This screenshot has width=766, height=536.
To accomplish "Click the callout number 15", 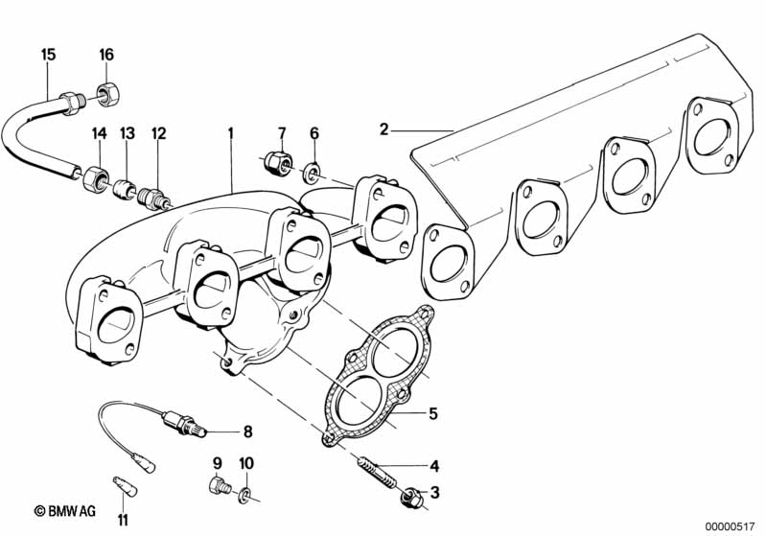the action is [48, 55].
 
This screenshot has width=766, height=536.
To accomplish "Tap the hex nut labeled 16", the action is [108, 93].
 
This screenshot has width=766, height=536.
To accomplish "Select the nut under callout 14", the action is [94, 179].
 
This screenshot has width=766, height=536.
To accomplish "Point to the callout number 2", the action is [384, 129].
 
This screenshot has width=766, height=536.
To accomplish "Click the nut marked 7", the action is [277, 162].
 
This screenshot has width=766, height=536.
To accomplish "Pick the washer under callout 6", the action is [312, 173].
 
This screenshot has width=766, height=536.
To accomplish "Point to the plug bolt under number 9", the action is [220, 486].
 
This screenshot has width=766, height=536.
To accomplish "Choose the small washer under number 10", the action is [244, 497].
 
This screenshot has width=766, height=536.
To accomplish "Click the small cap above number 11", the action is [125, 486].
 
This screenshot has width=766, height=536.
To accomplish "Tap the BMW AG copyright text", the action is [65, 511].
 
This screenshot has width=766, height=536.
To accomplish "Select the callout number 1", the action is [231, 133].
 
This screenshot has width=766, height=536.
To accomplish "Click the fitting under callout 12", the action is [154, 198].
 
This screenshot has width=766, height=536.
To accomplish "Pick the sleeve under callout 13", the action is [124, 189].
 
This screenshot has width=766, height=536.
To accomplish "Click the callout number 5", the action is [432, 413].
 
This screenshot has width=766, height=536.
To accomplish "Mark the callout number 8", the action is [247, 431].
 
